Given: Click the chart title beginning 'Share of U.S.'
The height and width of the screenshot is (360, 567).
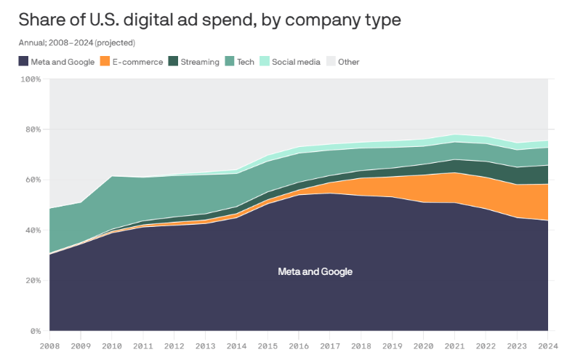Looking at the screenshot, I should (210, 20).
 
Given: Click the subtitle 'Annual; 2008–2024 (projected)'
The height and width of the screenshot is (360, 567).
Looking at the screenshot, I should (77, 43).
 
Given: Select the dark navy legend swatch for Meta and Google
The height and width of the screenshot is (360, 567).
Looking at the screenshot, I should (24, 62).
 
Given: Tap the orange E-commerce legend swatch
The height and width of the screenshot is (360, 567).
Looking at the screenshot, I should (105, 62).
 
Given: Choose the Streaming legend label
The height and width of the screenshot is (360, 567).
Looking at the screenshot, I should (200, 62).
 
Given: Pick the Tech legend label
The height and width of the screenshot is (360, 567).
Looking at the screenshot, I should (246, 62).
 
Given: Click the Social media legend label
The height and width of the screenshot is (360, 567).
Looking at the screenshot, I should (296, 62).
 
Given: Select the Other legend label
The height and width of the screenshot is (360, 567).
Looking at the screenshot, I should (349, 62).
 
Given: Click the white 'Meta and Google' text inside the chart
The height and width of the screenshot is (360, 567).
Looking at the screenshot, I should (315, 271).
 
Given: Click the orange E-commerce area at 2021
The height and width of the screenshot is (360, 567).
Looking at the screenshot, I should (454, 188).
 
